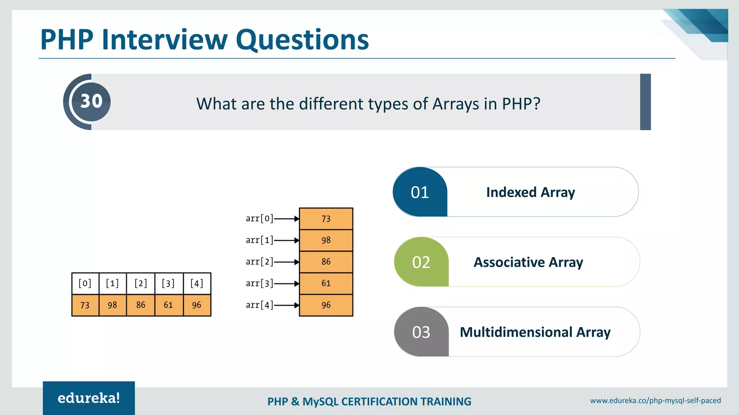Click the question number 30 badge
point(91,102)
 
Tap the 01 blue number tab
point(420,192)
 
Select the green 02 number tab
point(421,262)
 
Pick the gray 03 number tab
point(421,332)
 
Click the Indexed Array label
point(530,192)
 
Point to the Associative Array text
point(528,262)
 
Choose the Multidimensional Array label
point(535,332)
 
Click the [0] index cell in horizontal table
point(85,283)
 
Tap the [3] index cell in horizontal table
point(169,283)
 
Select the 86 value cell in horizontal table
point(141,305)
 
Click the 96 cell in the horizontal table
point(197,305)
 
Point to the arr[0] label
point(259,218)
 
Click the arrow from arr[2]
point(287,262)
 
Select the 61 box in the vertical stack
point(326,284)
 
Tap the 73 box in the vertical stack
point(326,219)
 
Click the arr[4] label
point(259,305)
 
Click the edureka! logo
point(89,398)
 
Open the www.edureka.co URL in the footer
point(655,401)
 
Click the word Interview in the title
point(165,39)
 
